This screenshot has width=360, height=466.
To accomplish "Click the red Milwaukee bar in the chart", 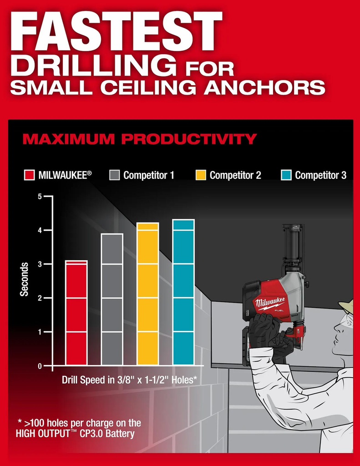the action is pyautogui.click(x=76, y=313).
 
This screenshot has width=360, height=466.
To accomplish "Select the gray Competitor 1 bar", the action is pyautogui.click(x=112, y=299).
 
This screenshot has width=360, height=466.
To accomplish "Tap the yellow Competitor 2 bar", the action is pyautogui.click(x=148, y=294).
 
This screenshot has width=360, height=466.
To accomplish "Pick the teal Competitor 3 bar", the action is pyautogui.click(x=183, y=292).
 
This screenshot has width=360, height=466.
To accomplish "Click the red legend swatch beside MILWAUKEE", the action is pyautogui.click(x=29, y=175).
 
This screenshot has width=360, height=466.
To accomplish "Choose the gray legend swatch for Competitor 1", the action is pyautogui.click(x=114, y=175).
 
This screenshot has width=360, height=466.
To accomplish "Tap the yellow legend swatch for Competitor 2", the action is pyautogui.click(x=201, y=175).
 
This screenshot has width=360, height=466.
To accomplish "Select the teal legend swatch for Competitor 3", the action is pyautogui.click(x=286, y=175).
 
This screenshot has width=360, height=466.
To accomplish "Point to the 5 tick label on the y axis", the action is pyautogui.click(x=40, y=197).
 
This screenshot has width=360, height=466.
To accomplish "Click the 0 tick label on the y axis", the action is pyautogui.click(x=40, y=366).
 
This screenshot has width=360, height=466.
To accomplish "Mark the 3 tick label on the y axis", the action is pyautogui.click(x=40, y=264).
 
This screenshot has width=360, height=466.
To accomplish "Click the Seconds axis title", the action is pyautogui.click(x=24, y=279).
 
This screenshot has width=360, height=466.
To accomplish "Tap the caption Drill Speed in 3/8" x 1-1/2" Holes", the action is pyautogui.click(x=129, y=380).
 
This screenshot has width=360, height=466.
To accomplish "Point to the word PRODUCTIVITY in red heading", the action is pyautogui.click(x=189, y=139).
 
